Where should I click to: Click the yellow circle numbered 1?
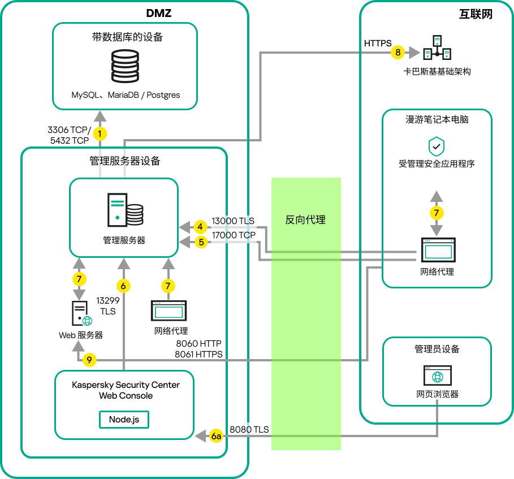[100, 134]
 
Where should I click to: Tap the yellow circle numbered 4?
[200, 227]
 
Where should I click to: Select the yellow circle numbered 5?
[200, 242]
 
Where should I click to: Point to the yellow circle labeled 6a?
[217, 436]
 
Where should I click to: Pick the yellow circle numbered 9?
[89, 359]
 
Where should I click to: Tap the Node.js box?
[124, 420]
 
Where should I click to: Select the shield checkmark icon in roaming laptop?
[436, 146]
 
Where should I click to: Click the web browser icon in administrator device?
[437, 375]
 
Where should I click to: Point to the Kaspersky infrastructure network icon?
[437, 49]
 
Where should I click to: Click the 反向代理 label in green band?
[305, 220]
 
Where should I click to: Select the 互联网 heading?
[476, 15]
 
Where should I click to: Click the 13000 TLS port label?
[233, 221]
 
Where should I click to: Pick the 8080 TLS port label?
[249, 429]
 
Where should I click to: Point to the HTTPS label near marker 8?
[377, 43]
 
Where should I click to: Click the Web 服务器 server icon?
[81, 314]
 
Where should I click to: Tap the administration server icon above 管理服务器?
[124, 210]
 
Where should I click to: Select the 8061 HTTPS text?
[198, 354]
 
